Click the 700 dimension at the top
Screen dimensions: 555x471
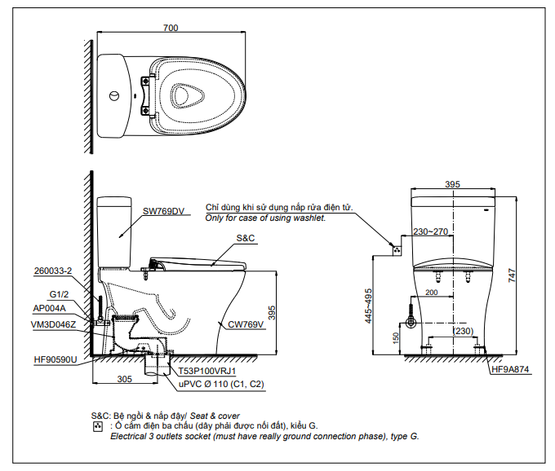171,28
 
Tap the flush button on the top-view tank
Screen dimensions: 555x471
114,95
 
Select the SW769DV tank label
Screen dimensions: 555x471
163,211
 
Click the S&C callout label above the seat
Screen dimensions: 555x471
246,238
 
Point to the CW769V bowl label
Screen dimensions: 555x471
246,324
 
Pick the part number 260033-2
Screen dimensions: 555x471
53,271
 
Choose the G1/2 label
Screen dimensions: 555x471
59,294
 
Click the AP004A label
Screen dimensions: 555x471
49,308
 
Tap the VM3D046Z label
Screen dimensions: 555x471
53,324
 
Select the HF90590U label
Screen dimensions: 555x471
55,360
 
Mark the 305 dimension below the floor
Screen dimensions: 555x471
124,379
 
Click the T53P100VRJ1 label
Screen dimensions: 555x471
207,371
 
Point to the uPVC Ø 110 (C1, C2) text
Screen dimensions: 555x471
221,384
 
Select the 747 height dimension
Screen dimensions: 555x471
512,275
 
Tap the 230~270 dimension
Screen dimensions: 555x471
430,231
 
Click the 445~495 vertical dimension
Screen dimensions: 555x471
368,306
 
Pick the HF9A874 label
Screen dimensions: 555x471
510,370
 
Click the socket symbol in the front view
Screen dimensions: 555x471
397,250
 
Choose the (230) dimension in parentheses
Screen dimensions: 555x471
464,331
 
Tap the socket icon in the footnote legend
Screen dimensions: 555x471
97,426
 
